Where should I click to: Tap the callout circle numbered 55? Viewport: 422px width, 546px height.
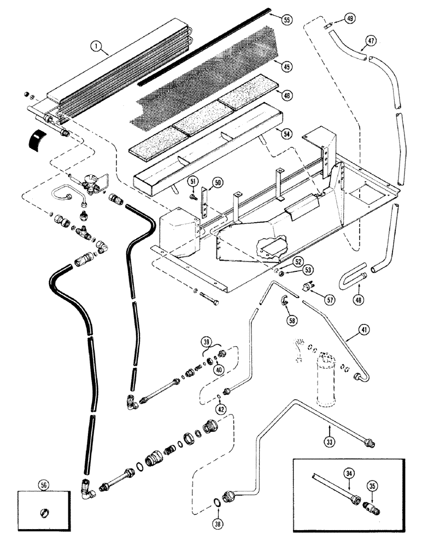[286, 20]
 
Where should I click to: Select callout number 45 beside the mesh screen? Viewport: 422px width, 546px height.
[286, 67]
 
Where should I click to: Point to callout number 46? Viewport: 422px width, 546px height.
[286, 95]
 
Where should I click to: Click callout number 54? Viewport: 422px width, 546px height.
[286, 133]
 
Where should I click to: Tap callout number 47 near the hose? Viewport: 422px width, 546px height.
[371, 41]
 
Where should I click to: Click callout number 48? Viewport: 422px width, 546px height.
[359, 299]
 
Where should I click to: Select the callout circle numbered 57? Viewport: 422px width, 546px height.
[329, 299]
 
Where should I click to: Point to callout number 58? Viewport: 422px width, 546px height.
[292, 320]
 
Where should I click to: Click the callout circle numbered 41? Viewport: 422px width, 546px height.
[364, 329]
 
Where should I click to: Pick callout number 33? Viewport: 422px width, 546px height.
[330, 442]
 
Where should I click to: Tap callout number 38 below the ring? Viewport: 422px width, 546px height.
[218, 524]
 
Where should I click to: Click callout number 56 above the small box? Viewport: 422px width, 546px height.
[44, 485]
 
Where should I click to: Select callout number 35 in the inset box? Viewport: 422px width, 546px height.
[372, 486]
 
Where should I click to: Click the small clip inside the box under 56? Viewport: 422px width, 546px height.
[45, 513]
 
